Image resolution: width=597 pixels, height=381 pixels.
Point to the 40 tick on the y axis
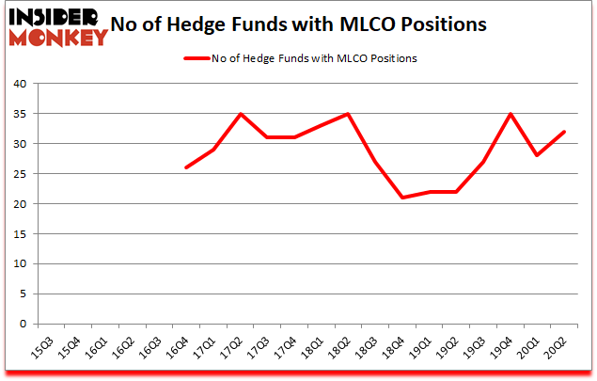coord(19,84)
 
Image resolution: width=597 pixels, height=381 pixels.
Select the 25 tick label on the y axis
coord(19,174)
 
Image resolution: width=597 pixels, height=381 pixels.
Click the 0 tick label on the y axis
coord(23,325)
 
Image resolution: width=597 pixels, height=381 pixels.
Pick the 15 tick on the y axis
coord(19,234)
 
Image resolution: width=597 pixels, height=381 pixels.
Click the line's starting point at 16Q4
coord(185,167)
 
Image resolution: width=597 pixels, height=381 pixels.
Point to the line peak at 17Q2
coord(240,114)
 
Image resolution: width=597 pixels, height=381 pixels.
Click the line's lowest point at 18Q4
coord(402,198)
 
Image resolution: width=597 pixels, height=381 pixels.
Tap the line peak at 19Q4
coord(511,114)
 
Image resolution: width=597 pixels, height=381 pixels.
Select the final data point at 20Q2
coord(565,132)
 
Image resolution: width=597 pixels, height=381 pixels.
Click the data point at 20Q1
coord(538,155)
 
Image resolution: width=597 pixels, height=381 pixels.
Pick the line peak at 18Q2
coord(348,114)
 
